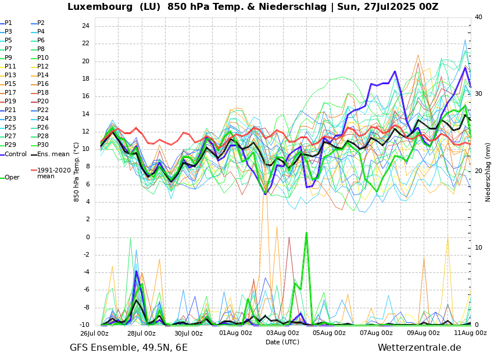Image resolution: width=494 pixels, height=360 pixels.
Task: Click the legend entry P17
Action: [x=11, y=92]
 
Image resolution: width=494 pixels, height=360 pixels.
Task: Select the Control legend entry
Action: [x=15, y=154]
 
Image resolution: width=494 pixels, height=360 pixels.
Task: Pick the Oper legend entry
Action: [x=12, y=177]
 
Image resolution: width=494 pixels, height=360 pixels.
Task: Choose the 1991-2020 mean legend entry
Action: [x=53, y=173]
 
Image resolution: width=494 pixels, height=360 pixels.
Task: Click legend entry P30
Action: [x=42, y=145]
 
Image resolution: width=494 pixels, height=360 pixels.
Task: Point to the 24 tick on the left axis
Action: [x=85, y=26]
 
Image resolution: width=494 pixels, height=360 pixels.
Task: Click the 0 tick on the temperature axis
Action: [x=87, y=237]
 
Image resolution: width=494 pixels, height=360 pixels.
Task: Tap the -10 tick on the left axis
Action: [x=84, y=325]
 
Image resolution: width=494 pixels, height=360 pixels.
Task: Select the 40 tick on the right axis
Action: [x=478, y=17]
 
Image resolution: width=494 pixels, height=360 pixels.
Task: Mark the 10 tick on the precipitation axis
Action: [x=478, y=247]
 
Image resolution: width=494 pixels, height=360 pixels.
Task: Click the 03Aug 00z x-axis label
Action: [x=282, y=333]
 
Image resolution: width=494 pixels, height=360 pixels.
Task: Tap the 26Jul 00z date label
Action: [x=94, y=333]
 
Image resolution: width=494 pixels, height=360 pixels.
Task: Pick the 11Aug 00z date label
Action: [x=470, y=333]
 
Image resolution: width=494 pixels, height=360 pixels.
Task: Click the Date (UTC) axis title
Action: [x=282, y=342]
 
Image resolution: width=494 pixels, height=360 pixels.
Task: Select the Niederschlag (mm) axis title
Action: [x=488, y=172]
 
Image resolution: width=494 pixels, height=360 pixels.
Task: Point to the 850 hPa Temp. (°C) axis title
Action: [x=77, y=172]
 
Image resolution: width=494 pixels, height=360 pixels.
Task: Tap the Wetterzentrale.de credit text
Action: [x=419, y=348]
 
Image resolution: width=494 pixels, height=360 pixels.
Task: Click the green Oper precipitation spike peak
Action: [x=306, y=232]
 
